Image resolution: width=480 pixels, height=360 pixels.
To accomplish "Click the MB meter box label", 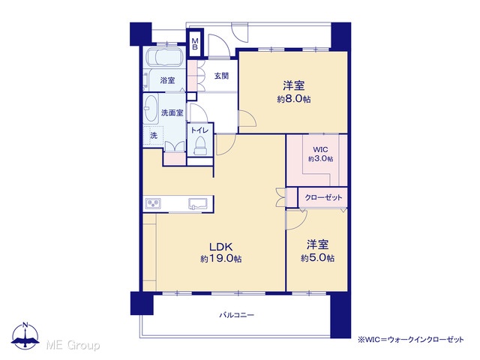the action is (195, 44).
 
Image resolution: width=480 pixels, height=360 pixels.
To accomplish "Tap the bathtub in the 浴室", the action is (165, 57).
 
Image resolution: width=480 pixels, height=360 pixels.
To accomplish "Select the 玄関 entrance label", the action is (221, 76).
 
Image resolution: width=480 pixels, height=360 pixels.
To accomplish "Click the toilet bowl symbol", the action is (200, 145).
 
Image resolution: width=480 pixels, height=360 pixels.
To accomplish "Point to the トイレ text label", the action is (199, 130).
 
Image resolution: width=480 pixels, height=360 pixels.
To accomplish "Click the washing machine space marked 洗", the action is (153, 135).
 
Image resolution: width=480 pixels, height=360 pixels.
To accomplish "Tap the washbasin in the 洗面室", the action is (151, 109).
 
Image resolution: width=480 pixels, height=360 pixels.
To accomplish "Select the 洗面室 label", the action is (172, 113).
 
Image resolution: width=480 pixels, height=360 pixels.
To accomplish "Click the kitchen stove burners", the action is (153, 203).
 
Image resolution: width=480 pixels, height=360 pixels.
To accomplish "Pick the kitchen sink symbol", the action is (197, 203).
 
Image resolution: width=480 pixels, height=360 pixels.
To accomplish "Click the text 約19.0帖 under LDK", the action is (221, 259).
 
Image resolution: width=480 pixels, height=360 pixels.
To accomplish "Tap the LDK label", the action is (221, 247).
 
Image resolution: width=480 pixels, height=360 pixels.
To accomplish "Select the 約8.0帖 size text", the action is (294, 99).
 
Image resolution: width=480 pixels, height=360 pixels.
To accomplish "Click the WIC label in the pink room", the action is (320, 150).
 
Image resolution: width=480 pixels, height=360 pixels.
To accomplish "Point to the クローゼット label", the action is (323, 198).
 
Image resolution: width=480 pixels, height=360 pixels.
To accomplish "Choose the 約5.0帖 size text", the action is (317, 258).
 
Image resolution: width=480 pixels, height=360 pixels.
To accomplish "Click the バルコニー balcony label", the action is (237, 315).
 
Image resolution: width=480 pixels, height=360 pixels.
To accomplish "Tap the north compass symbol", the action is (25, 336).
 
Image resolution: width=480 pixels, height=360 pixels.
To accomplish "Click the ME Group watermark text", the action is (73, 346).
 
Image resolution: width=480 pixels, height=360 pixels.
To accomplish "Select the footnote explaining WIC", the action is (411, 340).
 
